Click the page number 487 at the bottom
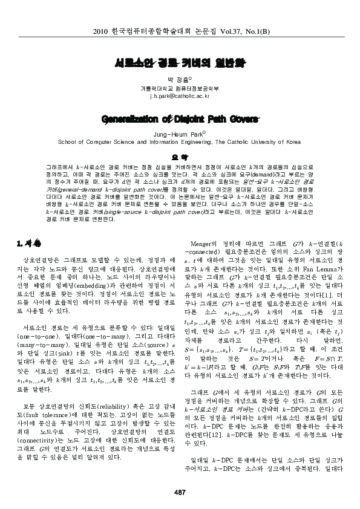pos(180,491)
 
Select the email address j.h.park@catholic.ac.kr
pos(180,96)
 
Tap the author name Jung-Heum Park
pos(179,135)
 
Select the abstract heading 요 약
pos(180,156)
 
